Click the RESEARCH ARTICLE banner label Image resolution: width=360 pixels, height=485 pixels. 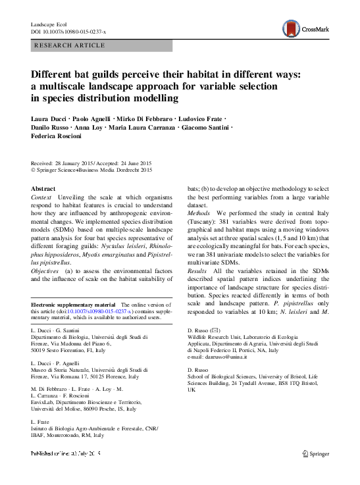point(69,45)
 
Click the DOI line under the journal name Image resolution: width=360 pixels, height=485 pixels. point(72,32)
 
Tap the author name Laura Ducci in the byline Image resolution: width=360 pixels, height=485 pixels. point(49,118)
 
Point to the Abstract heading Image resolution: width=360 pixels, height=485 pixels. point(43,189)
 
